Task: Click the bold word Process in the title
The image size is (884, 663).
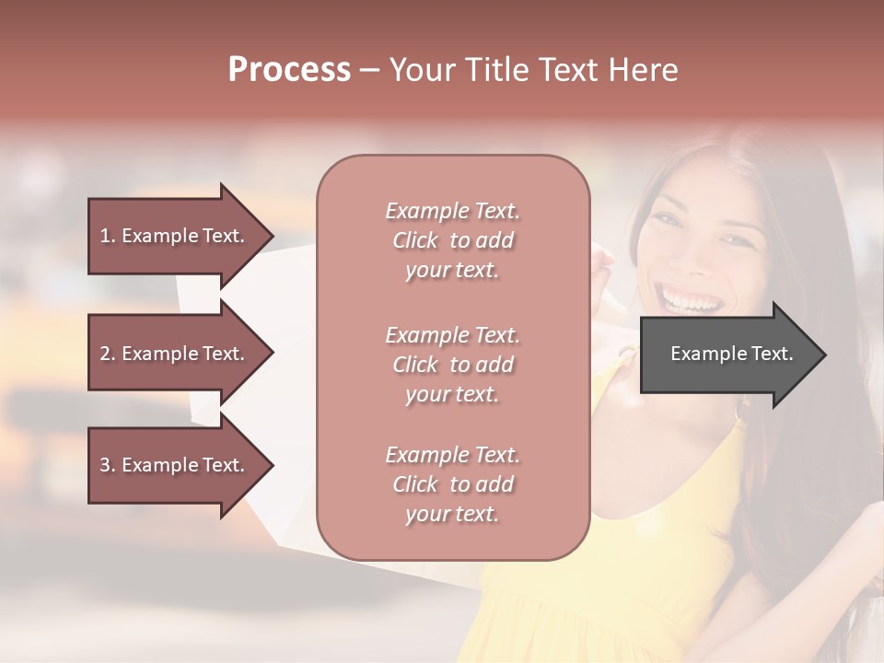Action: tap(289, 70)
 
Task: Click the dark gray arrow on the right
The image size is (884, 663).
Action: tap(727, 355)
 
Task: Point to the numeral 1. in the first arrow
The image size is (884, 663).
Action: tap(107, 236)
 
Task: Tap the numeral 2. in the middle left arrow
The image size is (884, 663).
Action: tap(107, 354)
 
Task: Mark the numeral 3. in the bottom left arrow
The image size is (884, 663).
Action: tap(107, 465)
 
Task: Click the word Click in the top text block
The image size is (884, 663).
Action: tap(415, 240)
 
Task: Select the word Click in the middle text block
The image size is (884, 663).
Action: tap(415, 365)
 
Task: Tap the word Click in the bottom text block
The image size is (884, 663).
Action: tap(415, 484)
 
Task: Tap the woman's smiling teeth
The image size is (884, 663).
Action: tap(689, 300)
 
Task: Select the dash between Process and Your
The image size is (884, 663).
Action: tap(369, 71)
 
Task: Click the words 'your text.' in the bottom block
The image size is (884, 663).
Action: tap(452, 514)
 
